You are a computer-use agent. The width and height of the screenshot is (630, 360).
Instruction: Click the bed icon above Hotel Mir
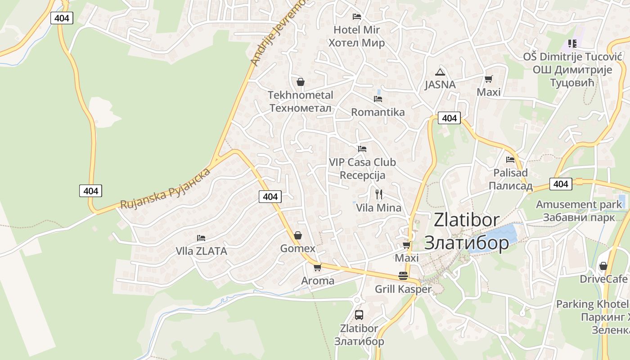357,17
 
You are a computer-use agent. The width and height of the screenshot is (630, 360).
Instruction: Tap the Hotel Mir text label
356,30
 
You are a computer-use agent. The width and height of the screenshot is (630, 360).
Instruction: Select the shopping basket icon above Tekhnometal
301,82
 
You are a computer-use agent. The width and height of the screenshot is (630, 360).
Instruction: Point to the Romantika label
378,112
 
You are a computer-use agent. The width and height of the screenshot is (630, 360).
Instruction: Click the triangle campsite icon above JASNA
440,72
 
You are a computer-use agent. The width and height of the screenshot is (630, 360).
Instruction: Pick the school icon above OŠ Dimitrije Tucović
572,44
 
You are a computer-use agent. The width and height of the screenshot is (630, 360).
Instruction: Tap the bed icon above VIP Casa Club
362,148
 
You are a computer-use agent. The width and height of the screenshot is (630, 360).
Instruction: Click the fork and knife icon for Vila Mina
379,194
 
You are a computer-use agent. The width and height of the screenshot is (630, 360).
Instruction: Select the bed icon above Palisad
510,159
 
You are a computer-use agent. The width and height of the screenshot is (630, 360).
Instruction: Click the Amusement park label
579,204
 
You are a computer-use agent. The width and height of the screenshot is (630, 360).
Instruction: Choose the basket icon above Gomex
298,235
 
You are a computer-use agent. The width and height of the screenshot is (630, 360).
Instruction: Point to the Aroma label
318,281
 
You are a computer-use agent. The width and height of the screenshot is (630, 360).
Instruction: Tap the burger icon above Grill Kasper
403,276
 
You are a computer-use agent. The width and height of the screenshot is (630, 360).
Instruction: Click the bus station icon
359,315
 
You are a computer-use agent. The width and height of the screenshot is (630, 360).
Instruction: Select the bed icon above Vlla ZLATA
201,238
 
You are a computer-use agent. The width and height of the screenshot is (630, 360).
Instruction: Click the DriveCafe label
603,279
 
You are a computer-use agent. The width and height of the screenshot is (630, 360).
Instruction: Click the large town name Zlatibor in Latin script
467,220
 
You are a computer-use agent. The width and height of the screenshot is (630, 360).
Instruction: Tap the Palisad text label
510,173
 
